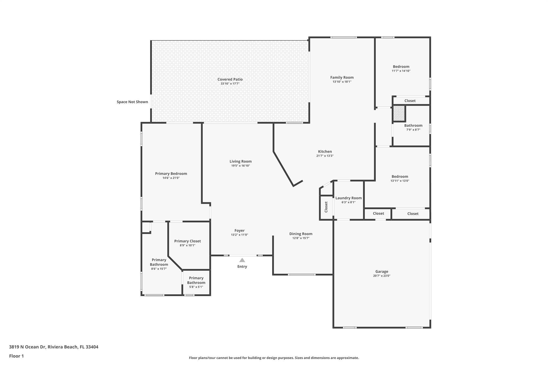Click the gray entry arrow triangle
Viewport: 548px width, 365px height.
point(242,260)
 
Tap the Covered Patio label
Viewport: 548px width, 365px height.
point(230,79)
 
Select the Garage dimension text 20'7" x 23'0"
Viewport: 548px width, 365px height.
point(382,276)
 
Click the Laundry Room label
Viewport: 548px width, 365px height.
point(348,198)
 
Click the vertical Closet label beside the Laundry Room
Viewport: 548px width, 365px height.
point(326,207)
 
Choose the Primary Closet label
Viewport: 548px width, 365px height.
point(187,241)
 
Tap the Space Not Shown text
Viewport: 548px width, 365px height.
point(132,102)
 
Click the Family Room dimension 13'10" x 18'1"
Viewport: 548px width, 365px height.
point(342,82)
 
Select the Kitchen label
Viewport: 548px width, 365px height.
point(325,152)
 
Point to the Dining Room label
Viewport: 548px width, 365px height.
point(301,234)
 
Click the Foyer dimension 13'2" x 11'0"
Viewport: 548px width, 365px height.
point(239,235)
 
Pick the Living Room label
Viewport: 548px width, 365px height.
point(240,162)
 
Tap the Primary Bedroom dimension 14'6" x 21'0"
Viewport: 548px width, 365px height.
point(171,178)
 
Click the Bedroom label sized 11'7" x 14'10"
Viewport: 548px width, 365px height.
point(401,67)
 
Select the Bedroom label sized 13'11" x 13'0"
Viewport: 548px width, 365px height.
point(400,177)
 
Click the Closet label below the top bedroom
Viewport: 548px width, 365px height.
point(410,101)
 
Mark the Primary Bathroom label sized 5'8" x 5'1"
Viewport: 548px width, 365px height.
point(196,280)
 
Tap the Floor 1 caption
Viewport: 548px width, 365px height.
point(16,356)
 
